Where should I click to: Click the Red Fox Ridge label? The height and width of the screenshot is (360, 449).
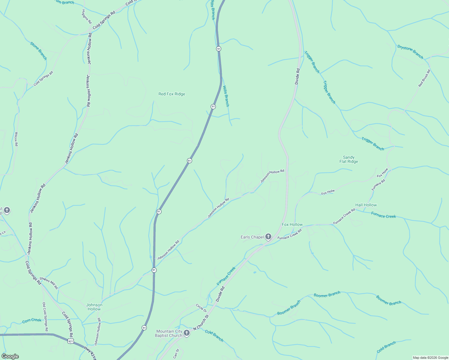click(x=172, y=94)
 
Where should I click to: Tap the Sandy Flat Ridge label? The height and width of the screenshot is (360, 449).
click(x=348, y=159)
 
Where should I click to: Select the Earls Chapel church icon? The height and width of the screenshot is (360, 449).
click(x=268, y=237)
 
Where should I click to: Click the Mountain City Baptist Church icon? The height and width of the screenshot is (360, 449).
click(x=186, y=333)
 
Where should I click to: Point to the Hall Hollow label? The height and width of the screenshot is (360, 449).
click(x=366, y=205)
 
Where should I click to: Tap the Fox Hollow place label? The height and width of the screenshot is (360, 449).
click(x=292, y=224)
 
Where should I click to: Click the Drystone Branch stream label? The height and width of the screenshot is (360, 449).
click(x=410, y=52)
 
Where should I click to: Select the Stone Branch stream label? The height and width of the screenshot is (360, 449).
click(x=38, y=51)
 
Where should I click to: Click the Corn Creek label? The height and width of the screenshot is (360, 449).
click(x=32, y=320)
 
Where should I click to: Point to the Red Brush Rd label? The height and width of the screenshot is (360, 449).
click(x=424, y=78)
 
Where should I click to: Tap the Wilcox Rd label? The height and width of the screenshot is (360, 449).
click(x=16, y=139)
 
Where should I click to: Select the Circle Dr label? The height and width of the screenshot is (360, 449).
click(x=201, y=308)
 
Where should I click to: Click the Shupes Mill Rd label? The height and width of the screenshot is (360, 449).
click(x=49, y=283)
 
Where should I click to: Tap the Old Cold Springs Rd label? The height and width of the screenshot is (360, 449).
click(x=45, y=317)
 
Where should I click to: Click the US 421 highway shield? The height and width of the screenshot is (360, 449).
click(x=71, y=342)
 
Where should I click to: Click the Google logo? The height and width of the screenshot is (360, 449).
click(x=10, y=356)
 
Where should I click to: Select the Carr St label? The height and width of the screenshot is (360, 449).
click(x=176, y=354)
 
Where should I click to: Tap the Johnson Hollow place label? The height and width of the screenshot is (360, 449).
click(x=94, y=307)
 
